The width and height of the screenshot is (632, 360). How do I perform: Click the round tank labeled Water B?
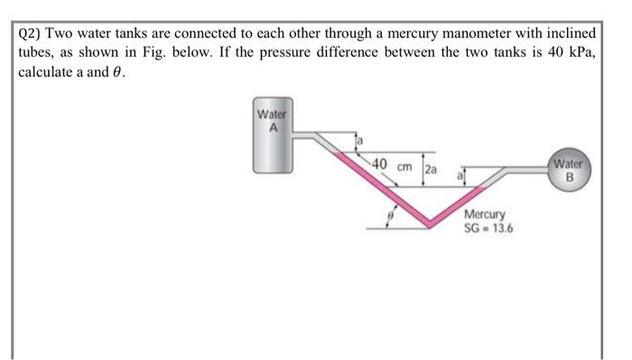click(569, 171)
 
